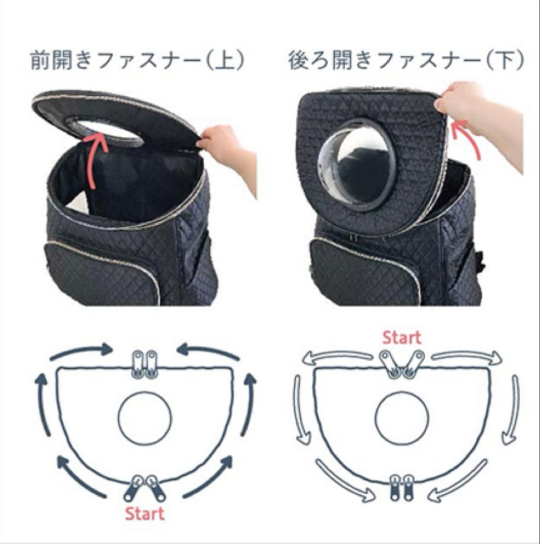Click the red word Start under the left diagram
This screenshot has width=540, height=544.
pyautogui.click(x=145, y=514)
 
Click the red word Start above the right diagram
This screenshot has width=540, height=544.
pyautogui.click(x=402, y=337)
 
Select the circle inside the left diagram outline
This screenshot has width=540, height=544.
pyautogui.click(x=118, y=419)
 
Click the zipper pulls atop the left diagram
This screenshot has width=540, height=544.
pyautogui.click(x=145, y=364)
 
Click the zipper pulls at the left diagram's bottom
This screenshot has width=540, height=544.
pyautogui.click(x=145, y=488)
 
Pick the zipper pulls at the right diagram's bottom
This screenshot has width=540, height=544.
pyautogui.click(x=402, y=488)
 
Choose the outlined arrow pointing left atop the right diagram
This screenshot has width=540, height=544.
pyautogui.click(x=339, y=357)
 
